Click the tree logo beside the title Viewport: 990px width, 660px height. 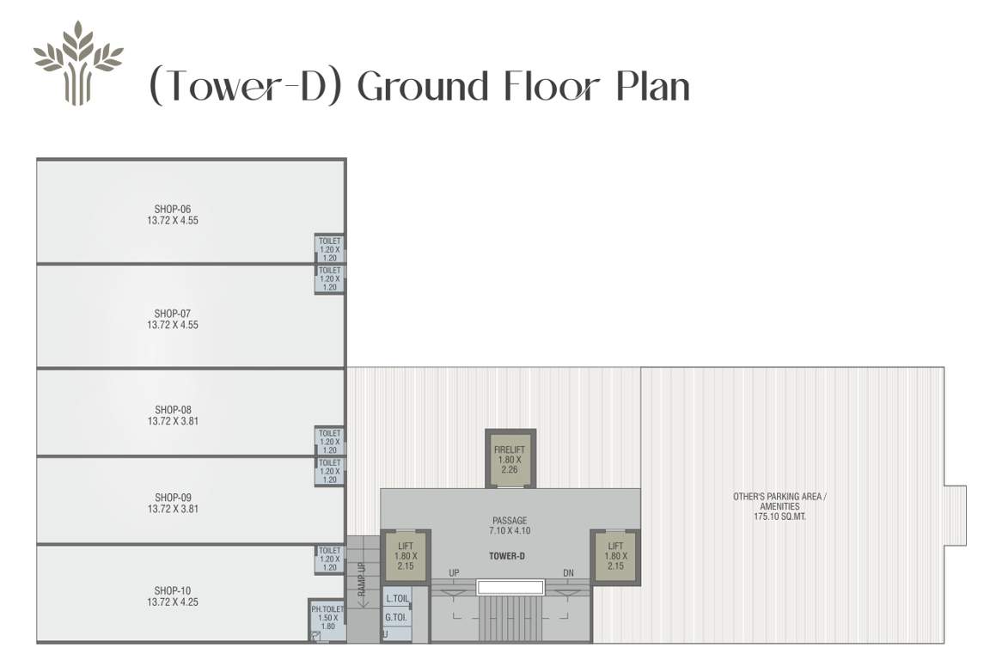tap(78, 63)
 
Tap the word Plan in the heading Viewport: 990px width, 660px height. tap(653, 87)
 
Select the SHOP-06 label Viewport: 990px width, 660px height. tap(173, 209)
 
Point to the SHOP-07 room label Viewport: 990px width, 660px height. tap(173, 314)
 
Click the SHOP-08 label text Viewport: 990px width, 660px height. tap(173, 410)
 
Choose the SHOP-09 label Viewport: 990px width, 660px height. tap(173, 498)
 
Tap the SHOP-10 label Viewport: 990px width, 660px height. tap(173, 590)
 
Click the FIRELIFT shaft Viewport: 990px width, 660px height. tap(510, 458)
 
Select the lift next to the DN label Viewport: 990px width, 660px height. tap(615, 556)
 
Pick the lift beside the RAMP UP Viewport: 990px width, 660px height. tap(406, 556)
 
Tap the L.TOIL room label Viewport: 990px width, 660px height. tap(397, 598)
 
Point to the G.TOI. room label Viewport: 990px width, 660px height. tap(396, 617)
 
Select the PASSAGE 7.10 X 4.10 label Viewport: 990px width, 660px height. tap(510, 525)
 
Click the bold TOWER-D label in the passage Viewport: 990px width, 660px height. tap(507, 556)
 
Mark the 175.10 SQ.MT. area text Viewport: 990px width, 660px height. tap(779, 517)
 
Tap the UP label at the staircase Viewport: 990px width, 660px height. tap(454, 573)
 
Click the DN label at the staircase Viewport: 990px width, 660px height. tap(568, 573)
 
